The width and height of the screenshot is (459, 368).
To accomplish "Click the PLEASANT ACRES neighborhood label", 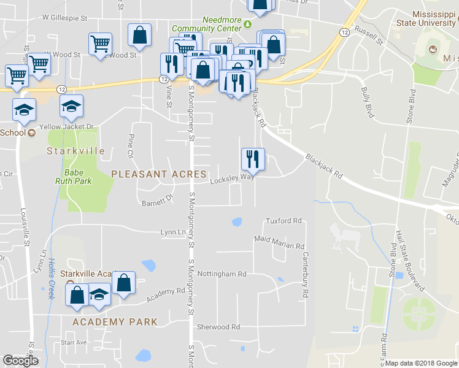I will tap(159, 174).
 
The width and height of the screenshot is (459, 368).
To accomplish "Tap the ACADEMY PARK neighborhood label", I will tap(115, 321).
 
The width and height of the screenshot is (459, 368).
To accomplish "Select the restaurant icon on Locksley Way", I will tap(253, 159).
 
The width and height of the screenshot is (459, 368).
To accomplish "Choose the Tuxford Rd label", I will tap(283, 221).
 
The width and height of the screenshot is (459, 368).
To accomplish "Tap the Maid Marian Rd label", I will tap(279, 243).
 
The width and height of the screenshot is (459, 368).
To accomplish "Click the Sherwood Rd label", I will tap(218, 327).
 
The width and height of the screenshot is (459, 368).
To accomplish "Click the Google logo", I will tap(20, 361).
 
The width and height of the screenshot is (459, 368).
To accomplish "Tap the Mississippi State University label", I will tap(425, 19).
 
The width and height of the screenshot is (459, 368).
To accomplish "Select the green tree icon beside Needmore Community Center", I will tap(247, 24).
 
